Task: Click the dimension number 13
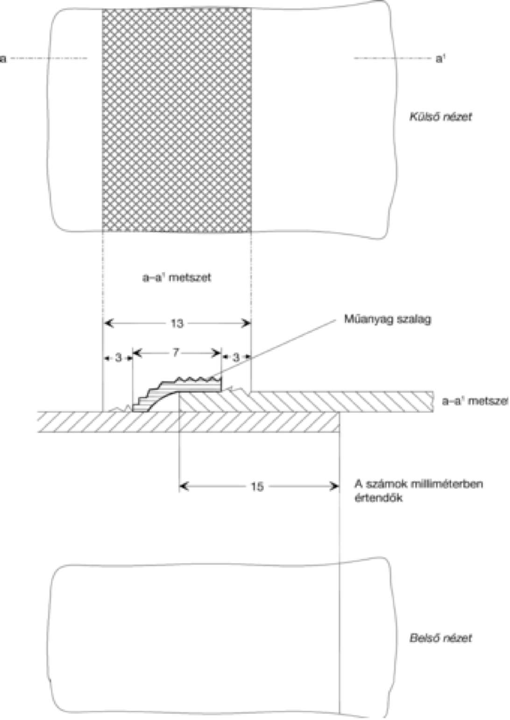pos(177,323)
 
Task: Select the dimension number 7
pos(176,353)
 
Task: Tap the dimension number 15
pos(257,487)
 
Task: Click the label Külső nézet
pos(441,117)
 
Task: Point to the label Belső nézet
pos(441,638)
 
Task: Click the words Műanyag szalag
pos(388,320)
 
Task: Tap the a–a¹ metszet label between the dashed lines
pos(177,278)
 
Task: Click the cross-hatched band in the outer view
pos(177,120)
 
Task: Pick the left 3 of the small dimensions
pos(118,357)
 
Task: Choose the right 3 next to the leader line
pos(236,357)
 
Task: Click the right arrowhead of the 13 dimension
pos(247,323)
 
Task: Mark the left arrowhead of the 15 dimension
pos(183,487)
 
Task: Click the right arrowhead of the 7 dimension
pos(218,353)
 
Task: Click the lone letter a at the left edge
pos(3,59)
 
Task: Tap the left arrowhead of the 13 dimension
pos(109,323)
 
